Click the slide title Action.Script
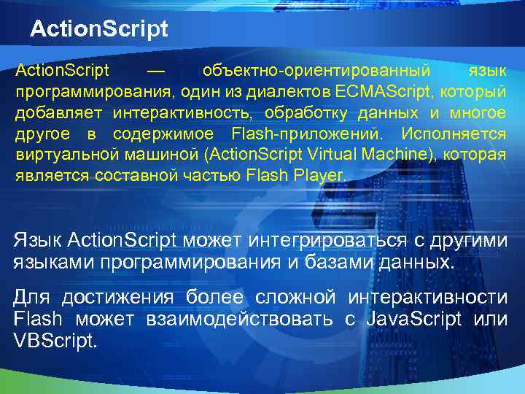tap(99, 29)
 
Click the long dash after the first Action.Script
tap(155, 72)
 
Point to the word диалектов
tap(296, 93)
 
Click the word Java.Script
tap(413, 320)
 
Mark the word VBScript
tap(55, 341)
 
